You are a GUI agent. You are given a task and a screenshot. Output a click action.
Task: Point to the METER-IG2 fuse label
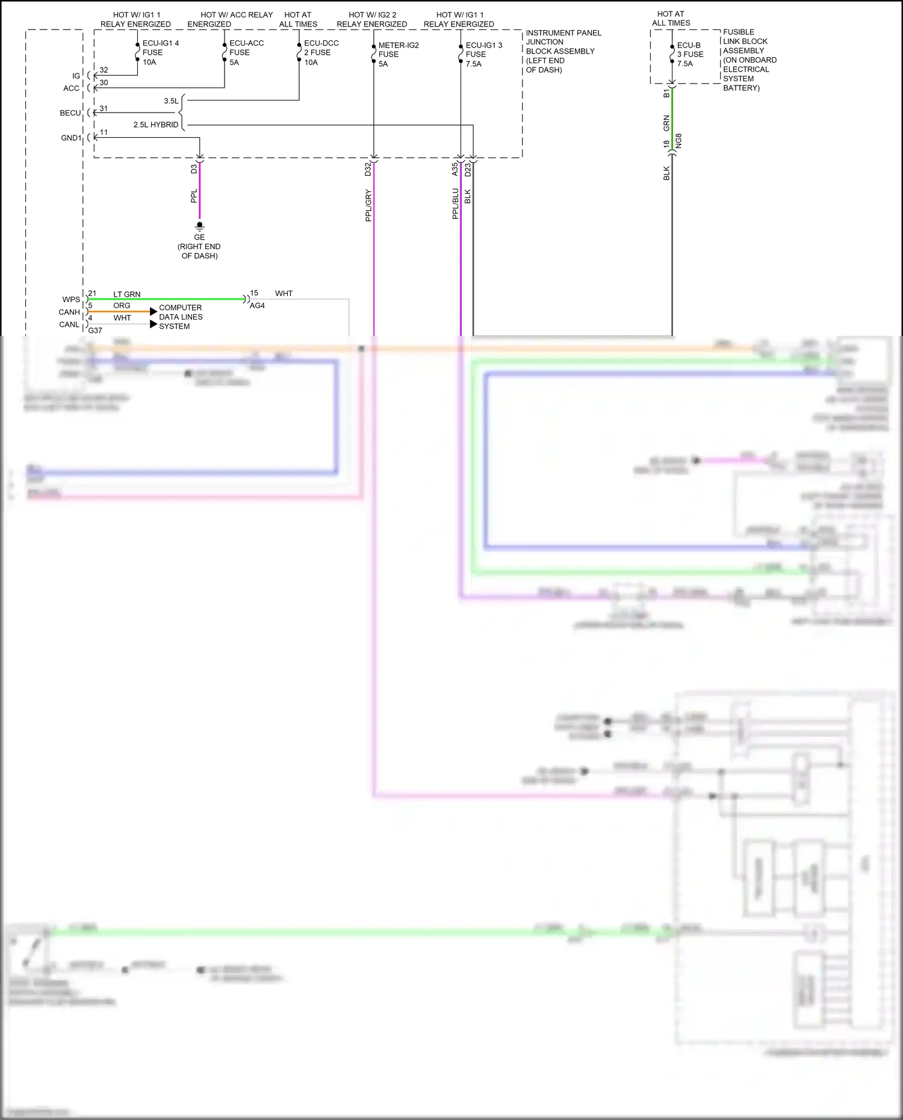(x=397, y=54)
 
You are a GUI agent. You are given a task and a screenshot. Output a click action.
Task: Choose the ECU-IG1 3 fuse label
(x=482, y=54)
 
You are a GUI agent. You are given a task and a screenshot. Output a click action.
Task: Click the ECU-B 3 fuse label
(x=689, y=54)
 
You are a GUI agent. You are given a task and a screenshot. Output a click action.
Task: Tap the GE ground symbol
(x=199, y=227)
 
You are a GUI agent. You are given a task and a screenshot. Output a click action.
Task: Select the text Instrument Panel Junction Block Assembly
(x=562, y=51)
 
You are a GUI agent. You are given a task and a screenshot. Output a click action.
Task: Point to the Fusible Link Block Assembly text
(x=748, y=60)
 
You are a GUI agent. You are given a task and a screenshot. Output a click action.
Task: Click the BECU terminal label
(x=70, y=113)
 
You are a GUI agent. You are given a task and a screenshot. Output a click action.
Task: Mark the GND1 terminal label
(x=70, y=138)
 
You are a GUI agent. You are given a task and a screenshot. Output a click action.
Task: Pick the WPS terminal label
(x=71, y=299)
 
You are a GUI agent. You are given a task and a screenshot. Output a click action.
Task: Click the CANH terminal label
(x=69, y=312)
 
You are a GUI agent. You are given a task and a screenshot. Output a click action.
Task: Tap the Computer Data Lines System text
(x=181, y=317)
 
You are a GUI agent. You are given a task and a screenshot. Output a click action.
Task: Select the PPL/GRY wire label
(x=368, y=205)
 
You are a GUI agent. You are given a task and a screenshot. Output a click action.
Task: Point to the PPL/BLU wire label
(x=456, y=203)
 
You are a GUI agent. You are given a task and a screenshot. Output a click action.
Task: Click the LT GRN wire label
(x=126, y=294)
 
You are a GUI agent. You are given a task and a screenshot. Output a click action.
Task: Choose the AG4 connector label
(x=257, y=306)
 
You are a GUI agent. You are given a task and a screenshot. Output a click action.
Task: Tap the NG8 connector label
(x=678, y=141)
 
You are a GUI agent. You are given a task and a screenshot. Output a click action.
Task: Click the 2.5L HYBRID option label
(x=156, y=125)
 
